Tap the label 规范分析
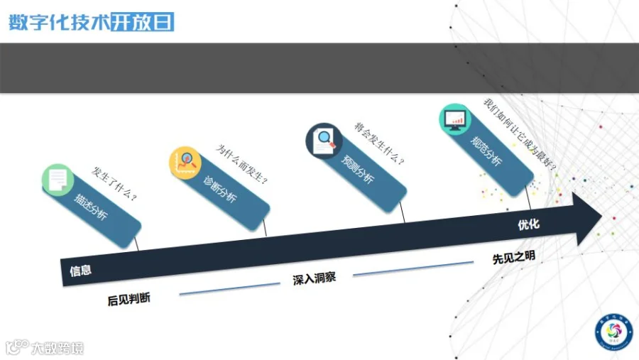(x=486, y=150)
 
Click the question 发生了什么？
(x=114, y=183)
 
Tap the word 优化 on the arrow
(x=528, y=225)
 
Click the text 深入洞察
(x=314, y=278)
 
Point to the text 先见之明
(x=513, y=258)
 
